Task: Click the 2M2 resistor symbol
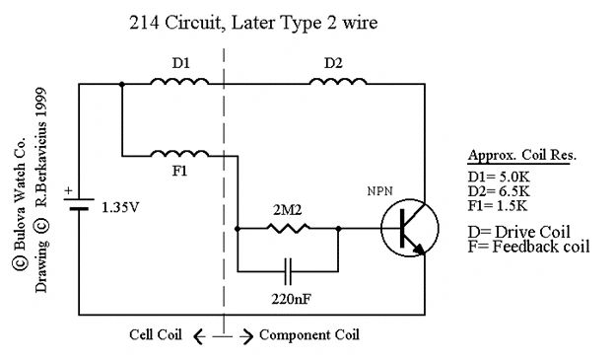(287, 228)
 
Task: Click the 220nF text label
(288, 296)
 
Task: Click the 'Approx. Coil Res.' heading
(521, 156)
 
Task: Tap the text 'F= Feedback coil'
(528, 246)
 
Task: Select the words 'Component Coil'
(310, 335)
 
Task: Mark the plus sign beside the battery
(66, 191)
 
